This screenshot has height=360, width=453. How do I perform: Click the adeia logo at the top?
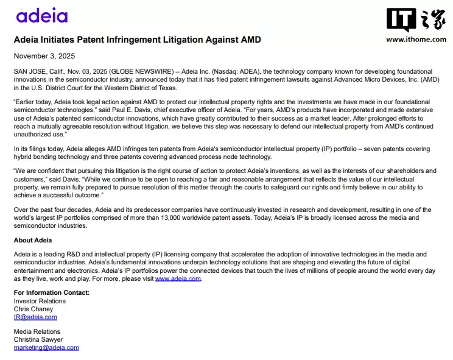click(42, 16)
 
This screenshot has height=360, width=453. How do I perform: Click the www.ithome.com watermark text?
click(416, 40)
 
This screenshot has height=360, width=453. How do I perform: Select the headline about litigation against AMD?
click(137, 40)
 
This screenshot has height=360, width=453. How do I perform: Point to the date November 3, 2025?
click(44, 55)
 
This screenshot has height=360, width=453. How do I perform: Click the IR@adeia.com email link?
click(35, 317)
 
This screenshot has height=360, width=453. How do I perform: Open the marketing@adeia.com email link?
click(46, 347)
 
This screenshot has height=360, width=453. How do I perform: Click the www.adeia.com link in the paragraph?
click(178, 278)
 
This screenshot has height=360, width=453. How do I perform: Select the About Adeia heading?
click(32, 240)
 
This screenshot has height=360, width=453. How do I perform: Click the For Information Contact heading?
click(51, 293)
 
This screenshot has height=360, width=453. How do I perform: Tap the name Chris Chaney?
click(33, 309)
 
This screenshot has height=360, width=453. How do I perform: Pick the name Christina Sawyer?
click(38, 339)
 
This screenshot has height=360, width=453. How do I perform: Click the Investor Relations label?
click(40, 301)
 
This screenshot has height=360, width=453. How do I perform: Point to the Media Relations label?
click(37, 331)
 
